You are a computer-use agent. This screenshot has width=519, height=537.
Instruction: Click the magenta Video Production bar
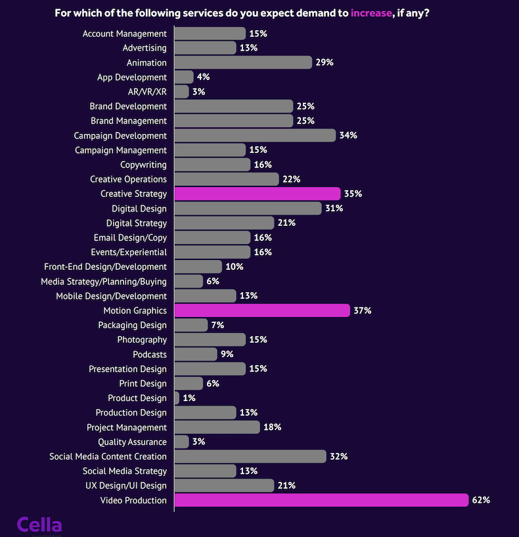coord(321,500)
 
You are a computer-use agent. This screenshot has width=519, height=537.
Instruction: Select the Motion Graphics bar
coord(262,311)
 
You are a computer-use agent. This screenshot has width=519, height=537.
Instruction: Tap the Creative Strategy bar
coord(258,194)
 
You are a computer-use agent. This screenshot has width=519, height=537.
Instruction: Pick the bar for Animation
coord(243,62)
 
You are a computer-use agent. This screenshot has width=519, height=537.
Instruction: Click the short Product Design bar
coord(177,398)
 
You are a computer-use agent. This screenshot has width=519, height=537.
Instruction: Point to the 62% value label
coord(481,500)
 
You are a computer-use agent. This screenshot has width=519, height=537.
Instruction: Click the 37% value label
coord(363,311)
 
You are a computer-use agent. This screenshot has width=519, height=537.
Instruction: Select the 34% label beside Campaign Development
coord(348,135)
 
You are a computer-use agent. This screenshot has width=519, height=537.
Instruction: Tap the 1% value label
coord(189,398)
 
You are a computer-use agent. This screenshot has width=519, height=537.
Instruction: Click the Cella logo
coord(39,525)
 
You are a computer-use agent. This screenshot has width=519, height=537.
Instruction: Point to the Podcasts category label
coord(150,354)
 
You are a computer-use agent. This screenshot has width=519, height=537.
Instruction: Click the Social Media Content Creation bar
coord(250,456)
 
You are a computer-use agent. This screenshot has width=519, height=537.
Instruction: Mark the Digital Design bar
coord(248,208)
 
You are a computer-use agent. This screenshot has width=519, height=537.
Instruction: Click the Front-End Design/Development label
coord(105,267)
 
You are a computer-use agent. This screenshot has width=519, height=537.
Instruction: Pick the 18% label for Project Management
coord(273,427)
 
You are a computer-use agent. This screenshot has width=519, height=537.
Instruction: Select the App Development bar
coord(184,77)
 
